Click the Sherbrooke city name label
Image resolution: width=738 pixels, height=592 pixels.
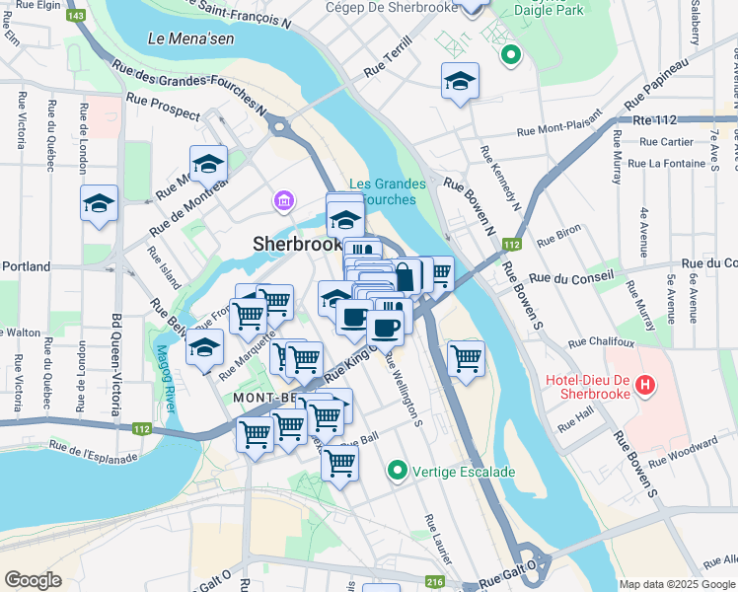coord(296,243)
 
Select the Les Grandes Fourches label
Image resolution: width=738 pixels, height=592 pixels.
coord(388,191)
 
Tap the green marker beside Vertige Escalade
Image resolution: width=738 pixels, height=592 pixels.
coord(399,471)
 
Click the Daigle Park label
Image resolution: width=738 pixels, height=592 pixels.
coord(548,11)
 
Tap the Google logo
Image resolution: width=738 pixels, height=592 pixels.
coord(33,580)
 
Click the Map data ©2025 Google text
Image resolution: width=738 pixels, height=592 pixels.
coord(677,584)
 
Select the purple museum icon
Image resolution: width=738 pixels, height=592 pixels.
coord(284,202)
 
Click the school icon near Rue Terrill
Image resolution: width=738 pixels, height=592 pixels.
coord(460,82)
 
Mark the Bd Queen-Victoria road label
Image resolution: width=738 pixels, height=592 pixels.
coord(116,365)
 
